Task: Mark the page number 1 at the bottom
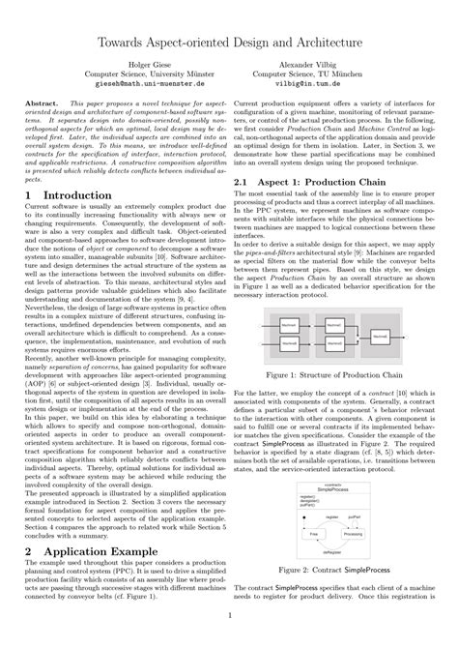tap(229, 639)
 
